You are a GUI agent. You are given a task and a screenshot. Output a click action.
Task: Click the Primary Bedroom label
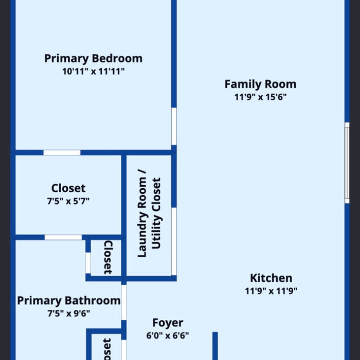93,59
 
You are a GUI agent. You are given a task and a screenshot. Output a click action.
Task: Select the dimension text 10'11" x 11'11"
93,72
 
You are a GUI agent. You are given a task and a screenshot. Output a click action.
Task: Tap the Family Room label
260,84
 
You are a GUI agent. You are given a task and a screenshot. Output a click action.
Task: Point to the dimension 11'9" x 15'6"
260,97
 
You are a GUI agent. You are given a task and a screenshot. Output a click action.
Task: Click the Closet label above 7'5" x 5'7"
68,188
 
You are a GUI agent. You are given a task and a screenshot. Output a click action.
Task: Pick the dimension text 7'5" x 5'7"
68,201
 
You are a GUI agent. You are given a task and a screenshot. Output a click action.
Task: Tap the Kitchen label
271,278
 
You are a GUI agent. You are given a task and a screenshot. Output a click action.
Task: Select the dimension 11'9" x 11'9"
271,291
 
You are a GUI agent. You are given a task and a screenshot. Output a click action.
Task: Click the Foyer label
168,323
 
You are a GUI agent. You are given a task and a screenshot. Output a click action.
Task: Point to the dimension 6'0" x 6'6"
168,336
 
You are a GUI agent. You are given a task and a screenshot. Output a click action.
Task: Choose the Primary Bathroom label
68,300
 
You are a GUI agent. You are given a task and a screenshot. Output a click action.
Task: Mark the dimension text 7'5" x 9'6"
68,313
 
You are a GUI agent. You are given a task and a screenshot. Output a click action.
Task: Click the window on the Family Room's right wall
347,163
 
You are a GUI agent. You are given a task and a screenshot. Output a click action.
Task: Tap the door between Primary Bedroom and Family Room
174,127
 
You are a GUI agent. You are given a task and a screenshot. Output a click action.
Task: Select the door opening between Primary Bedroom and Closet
62,152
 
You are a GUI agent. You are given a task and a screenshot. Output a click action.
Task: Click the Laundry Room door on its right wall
174,241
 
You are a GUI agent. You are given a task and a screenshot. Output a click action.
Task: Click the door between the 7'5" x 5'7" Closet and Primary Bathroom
63,237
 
